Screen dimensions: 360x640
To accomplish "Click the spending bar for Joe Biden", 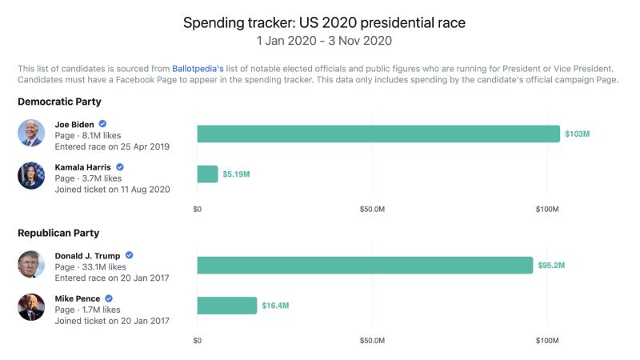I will [378, 134].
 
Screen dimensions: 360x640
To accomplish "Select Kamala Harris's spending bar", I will [207, 174].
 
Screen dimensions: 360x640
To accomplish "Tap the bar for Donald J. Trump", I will [365, 265].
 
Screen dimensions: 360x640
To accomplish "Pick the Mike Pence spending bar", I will [227, 306].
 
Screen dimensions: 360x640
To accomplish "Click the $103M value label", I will [577, 134].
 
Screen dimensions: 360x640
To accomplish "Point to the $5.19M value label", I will [236, 174].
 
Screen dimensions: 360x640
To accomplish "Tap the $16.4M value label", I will [275, 306].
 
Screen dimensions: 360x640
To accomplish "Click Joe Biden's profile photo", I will [31, 133].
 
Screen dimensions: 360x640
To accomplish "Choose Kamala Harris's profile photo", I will [31, 175].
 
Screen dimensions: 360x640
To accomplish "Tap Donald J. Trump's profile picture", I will [31, 264].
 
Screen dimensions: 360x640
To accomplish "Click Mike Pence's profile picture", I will [31, 306].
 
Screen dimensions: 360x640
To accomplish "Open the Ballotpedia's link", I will [198, 68].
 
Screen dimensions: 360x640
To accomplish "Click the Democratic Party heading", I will [59, 102].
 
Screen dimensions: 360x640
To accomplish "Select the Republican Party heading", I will [58, 233].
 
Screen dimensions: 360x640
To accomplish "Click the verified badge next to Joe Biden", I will [102, 124].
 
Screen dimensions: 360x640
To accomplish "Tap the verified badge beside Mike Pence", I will [108, 298].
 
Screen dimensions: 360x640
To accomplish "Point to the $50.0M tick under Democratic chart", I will [372, 209].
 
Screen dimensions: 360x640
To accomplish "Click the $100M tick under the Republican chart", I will [547, 340].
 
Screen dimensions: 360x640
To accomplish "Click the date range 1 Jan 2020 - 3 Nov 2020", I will [324, 40].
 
